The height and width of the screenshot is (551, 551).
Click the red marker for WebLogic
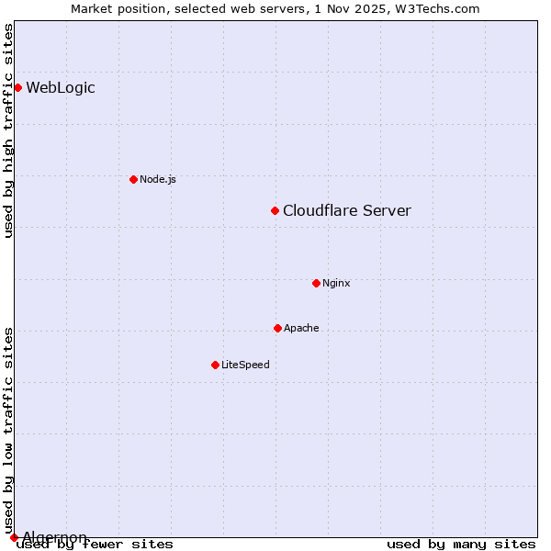pyautogui.click(x=17, y=87)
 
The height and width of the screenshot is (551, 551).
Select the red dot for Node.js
pyautogui.click(x=133, y=179)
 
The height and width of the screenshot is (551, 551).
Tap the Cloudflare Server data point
pyautogui.click(x=275, y=210)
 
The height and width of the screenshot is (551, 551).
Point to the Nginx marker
pyautogui.click(x=316, y=283)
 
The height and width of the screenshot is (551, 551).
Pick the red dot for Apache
pyautogui.click(x=277, y=328)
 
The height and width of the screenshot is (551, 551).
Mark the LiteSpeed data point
pyautogui.click(x=215, y=365)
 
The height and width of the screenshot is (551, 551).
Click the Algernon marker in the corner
pyautogui.click(x=14, y=537)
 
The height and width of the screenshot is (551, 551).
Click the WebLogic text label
pyautogui.click(x=60, y=88)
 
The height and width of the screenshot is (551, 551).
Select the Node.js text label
pyautogui.click(x=158, y=179)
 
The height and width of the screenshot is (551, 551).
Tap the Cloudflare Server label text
pyautogui.click(x=346, y=211)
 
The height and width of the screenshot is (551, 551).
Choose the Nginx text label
pyautogui.click(x=336, y=283)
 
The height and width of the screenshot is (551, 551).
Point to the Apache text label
pyautogui.click(x=301, y=328)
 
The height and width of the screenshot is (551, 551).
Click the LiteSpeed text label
pyautogui.click(x=245, y=365)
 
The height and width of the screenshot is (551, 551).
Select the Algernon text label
pyautogui.click(x=55, y=537)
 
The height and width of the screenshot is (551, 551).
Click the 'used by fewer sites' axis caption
pyautogui.click(x=96, y=545)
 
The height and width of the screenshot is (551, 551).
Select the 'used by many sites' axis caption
pyautogui.click(x=461, y=545)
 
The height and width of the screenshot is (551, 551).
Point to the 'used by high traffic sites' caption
pyautogui.click(x=8, y=130)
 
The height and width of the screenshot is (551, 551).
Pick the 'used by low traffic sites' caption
pyautogui.click(x=8, y=430)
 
